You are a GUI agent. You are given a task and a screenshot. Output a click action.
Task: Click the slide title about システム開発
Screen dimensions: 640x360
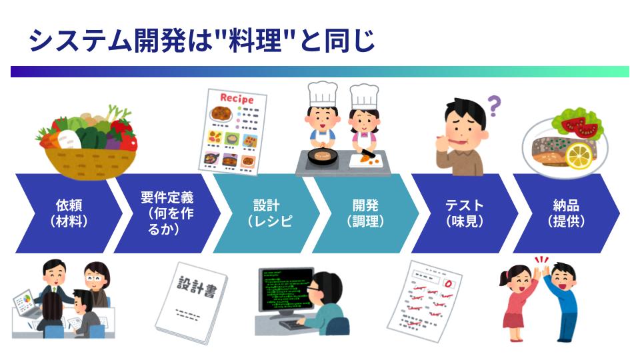[x=201, y=41]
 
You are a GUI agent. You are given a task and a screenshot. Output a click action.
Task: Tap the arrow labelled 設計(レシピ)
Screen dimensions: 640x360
[x=266, y=213]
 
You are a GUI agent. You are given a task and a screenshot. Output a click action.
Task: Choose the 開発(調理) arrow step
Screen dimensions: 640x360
[x=365, y=213]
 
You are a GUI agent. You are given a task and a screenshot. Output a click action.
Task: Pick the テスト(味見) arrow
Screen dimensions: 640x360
[x=465, y=213]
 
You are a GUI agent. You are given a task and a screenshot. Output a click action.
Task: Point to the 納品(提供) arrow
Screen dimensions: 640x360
[x=566, y=213]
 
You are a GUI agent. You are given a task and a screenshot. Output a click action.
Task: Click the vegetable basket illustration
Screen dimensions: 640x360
[x=88, y=143]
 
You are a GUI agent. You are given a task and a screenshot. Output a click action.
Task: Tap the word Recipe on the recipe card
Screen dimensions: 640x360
[x=237, y=99]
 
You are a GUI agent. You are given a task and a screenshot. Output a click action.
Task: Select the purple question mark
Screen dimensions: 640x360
[x=494, y=106]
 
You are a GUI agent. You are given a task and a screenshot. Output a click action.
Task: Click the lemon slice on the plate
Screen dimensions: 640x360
[x=579, y=155]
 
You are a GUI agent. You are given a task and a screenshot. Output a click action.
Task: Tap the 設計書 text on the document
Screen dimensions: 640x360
[x=197, y=286]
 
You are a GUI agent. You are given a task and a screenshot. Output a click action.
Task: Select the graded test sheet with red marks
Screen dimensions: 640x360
[x=425, y=301]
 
